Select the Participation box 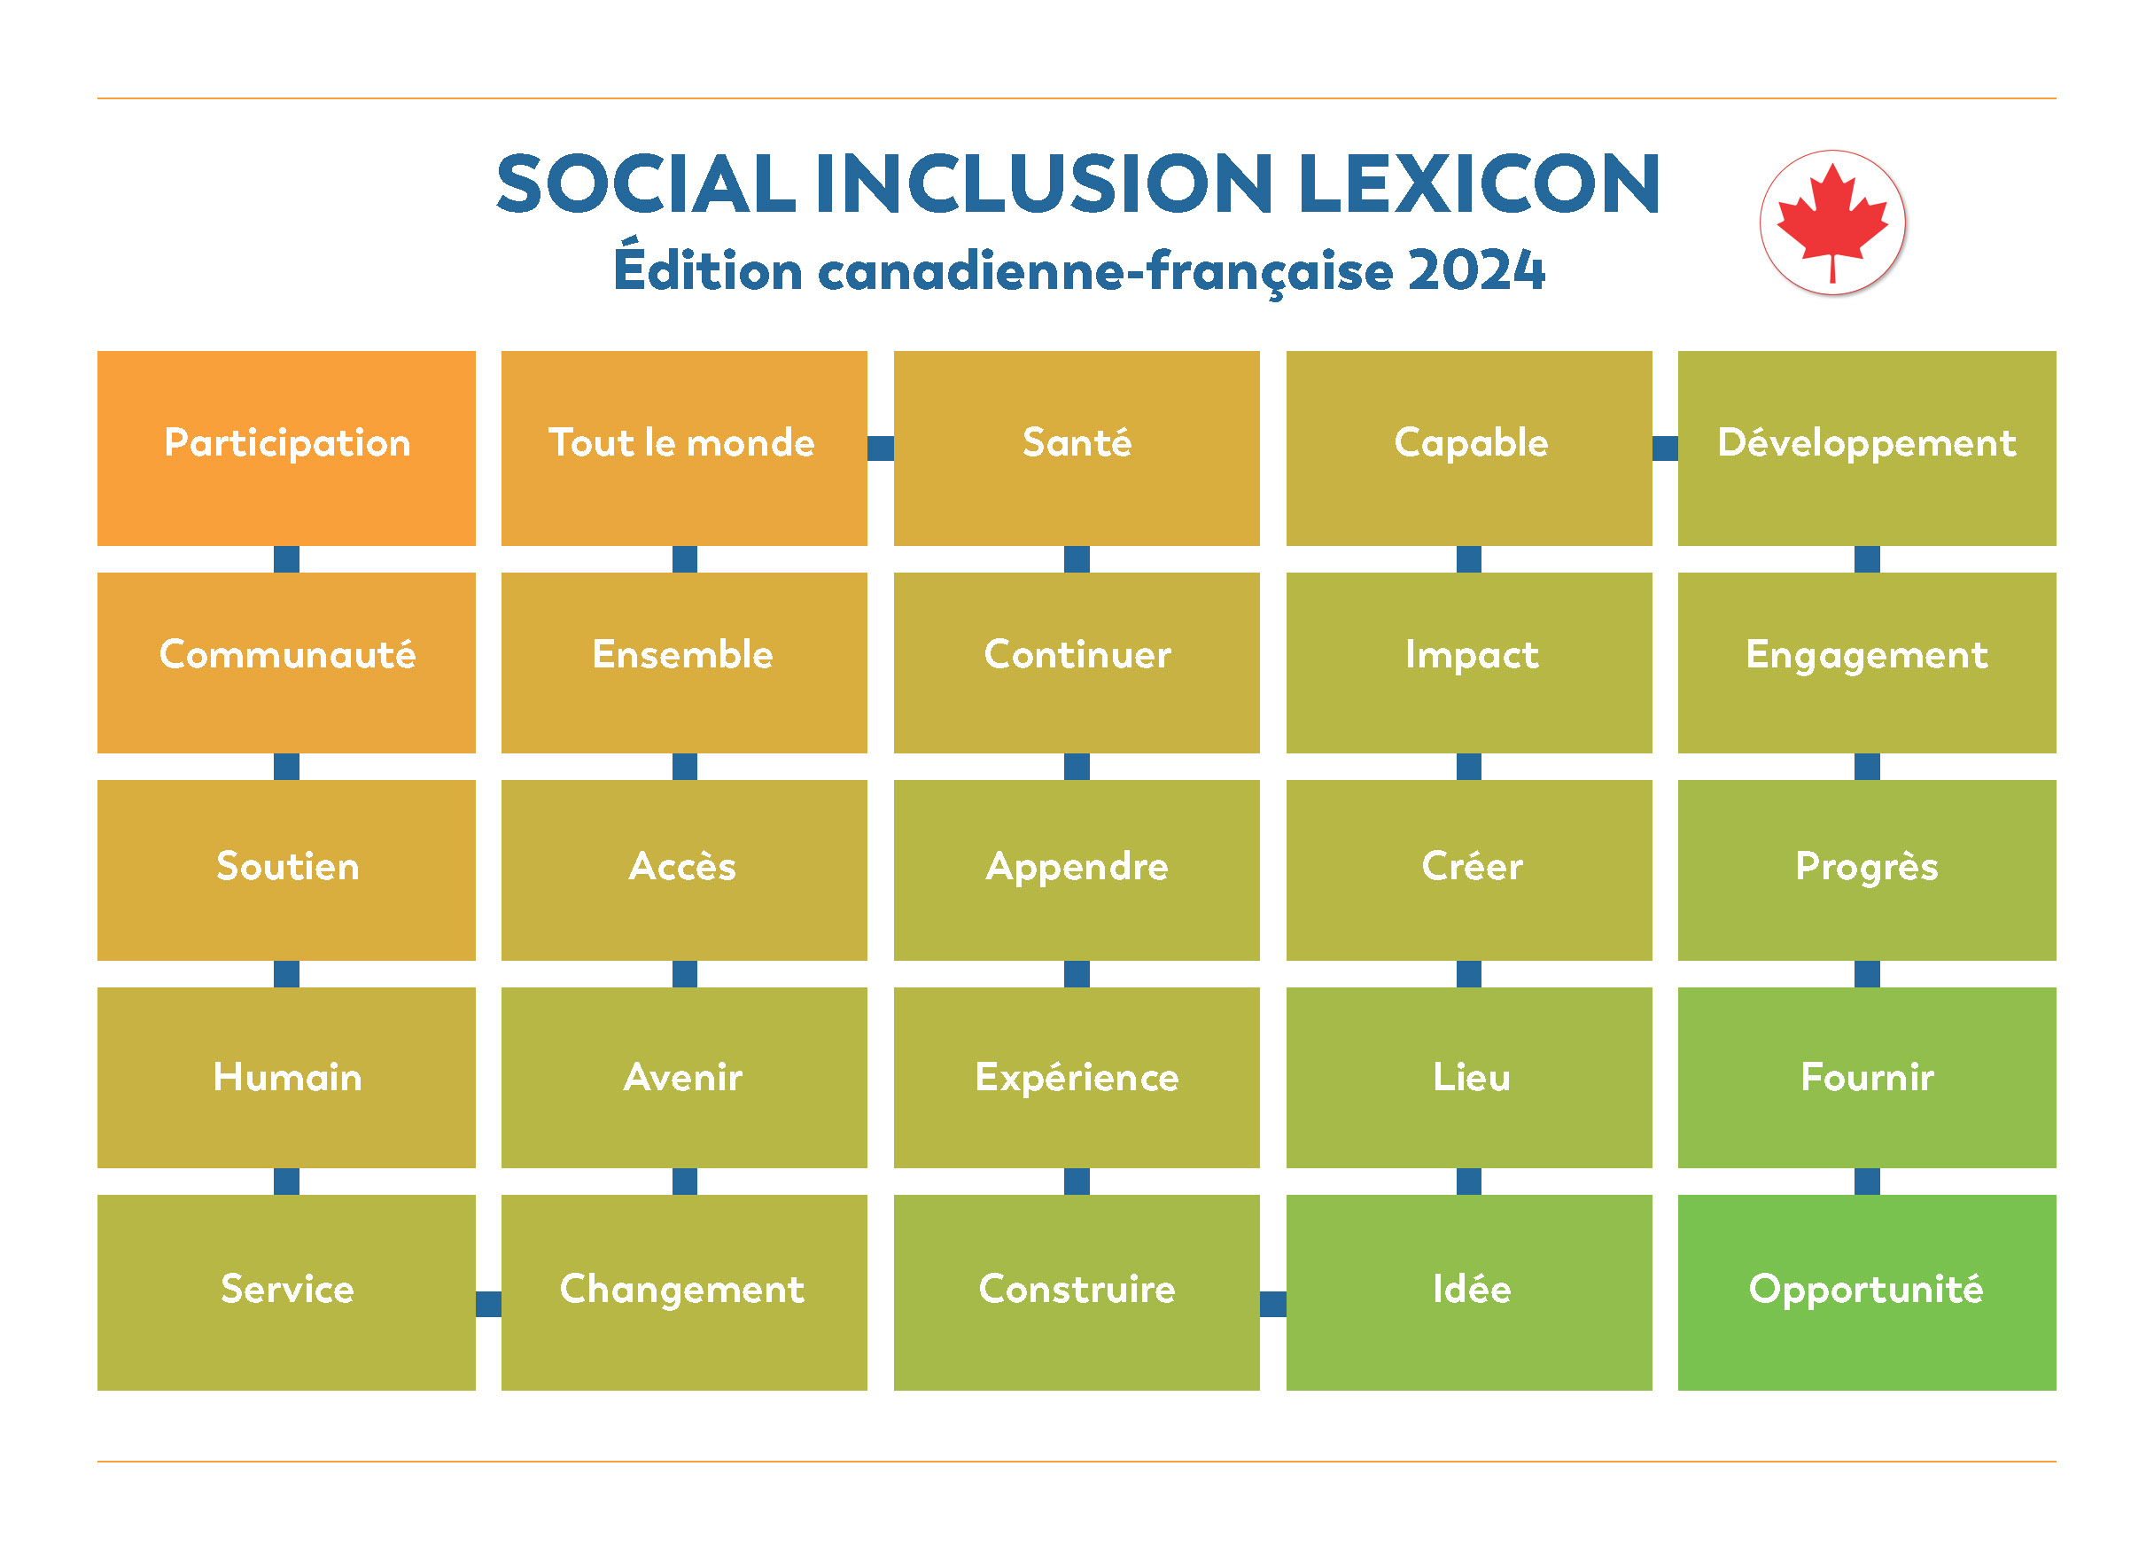286,448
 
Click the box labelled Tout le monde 683,448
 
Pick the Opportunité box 1866,1292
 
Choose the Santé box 1076,448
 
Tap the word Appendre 1076,867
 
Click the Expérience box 1076,1077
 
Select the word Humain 287,1077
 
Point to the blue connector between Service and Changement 488,1304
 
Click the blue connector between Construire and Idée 1272,1304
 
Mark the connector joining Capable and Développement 1665,448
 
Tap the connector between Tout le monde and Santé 881,448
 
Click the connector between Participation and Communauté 286,558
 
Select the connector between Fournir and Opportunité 1866,1181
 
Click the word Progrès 1866,867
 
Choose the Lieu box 1469,1077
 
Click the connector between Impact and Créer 1469,766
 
